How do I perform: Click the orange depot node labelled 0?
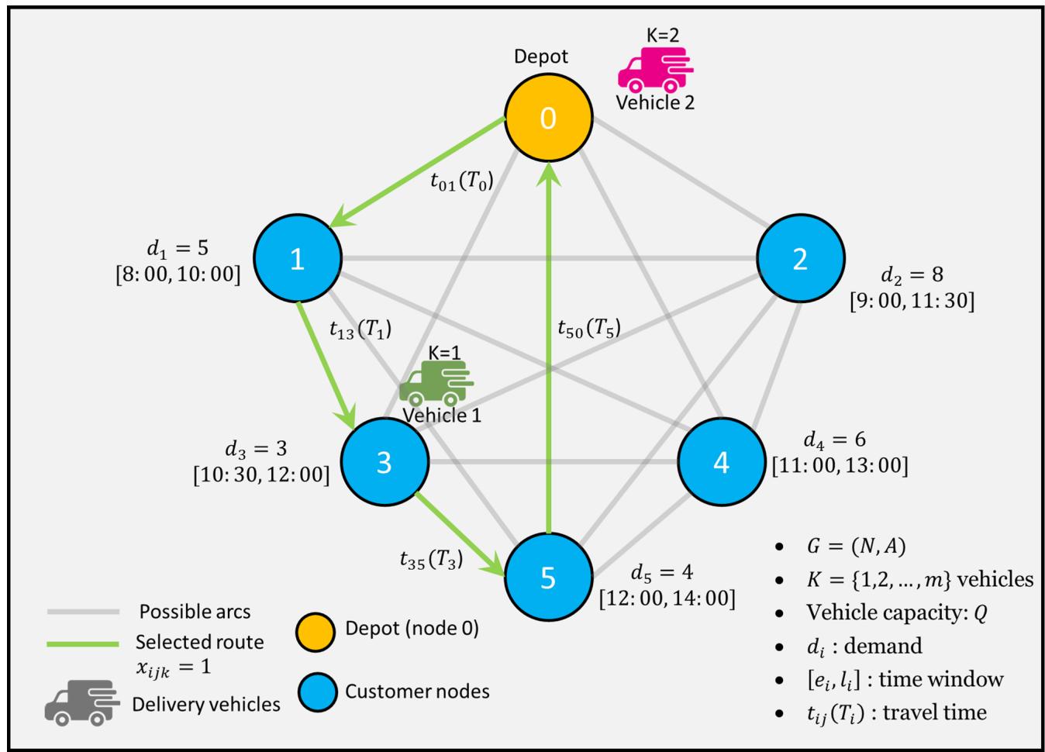(x=548, y=118)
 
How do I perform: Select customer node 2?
(x=800, y=258)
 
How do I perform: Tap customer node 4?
(x=721, y=462)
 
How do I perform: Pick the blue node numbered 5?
(x=548, y=577)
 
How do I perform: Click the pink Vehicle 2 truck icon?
(x=656, y=70)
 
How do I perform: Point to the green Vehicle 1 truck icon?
(x=436, y=383)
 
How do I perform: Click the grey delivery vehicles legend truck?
(x=82, y=703)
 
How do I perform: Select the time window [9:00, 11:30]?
(x=912, y=301)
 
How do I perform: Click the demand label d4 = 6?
(x=834, y=440)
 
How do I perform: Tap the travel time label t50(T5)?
(x=589, y=329)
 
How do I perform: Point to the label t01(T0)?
(x=461, y=181)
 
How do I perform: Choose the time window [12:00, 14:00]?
(x=667, y=598)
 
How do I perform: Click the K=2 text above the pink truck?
(x=663, y=35)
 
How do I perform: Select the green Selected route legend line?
(x=83, y=643)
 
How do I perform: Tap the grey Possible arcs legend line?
(x=83, y=612)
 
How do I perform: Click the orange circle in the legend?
(x=316, y=632)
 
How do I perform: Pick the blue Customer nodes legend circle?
(x=317, y=692)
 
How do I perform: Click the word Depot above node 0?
(x=540, y=57)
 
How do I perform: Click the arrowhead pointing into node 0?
(x=549, y=174)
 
